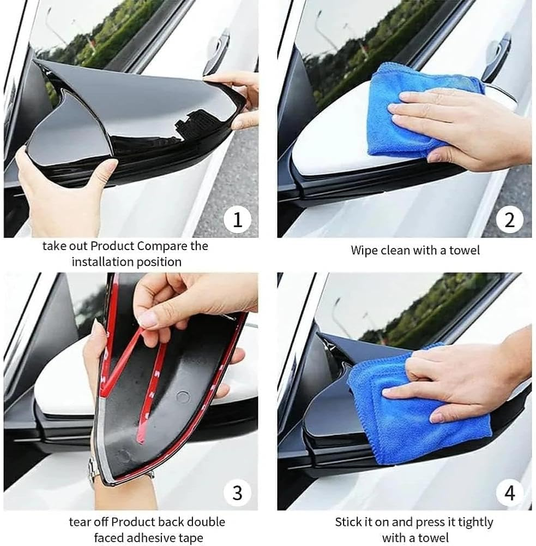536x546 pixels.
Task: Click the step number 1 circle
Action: click(237, 220)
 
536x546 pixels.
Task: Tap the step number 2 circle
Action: click(510, 220)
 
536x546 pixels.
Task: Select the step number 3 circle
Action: click(237, 493)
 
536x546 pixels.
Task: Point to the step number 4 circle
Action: click(510, 493)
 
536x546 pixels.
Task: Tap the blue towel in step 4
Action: click(414, 415)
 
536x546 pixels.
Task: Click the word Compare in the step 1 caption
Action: click(162, 246)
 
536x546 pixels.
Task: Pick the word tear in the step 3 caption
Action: click(80, 522)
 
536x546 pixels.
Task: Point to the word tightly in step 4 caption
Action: click(474, 522)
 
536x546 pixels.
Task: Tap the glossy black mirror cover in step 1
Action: click(131, 126)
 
